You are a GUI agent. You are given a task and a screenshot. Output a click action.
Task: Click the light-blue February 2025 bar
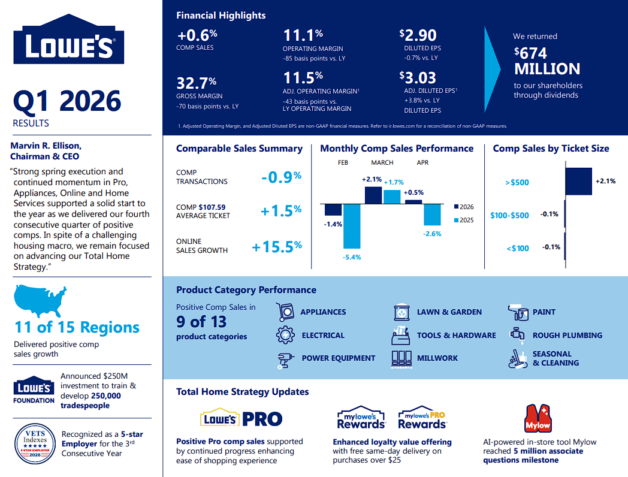point(352,227)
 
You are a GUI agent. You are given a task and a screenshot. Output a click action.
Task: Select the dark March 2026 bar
point(373,195)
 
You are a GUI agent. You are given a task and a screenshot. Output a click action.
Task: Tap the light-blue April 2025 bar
point(432,215)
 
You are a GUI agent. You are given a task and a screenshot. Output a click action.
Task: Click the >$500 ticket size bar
point(579,182)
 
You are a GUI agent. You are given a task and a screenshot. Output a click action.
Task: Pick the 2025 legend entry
point(464,220)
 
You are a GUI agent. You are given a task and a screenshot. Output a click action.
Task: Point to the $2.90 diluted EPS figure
point(418,35)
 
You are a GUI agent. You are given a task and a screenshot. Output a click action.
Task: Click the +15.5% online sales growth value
point(277,246)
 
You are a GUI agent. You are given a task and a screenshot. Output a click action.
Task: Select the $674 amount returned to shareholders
point(531,53)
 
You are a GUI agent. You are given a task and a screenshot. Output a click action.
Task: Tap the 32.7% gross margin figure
point(197,83)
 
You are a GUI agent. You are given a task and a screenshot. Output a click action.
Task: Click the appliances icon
point(285,312)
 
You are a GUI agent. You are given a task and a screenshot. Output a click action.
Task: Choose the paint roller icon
point(518,312)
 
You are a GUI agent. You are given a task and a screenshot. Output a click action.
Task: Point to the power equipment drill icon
point(285,360)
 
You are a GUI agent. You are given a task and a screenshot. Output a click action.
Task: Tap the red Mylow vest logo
point(538,418)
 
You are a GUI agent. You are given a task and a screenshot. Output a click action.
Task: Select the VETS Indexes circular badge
point(35,444)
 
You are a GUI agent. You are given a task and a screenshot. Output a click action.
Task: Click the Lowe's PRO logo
point(241,418)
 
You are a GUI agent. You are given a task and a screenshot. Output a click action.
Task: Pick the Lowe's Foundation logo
point(34,390)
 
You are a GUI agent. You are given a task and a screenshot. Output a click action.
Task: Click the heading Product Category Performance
point(246,289)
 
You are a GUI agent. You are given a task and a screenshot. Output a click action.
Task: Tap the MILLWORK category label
point(437,358)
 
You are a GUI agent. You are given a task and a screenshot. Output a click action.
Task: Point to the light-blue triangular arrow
point(491,70)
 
